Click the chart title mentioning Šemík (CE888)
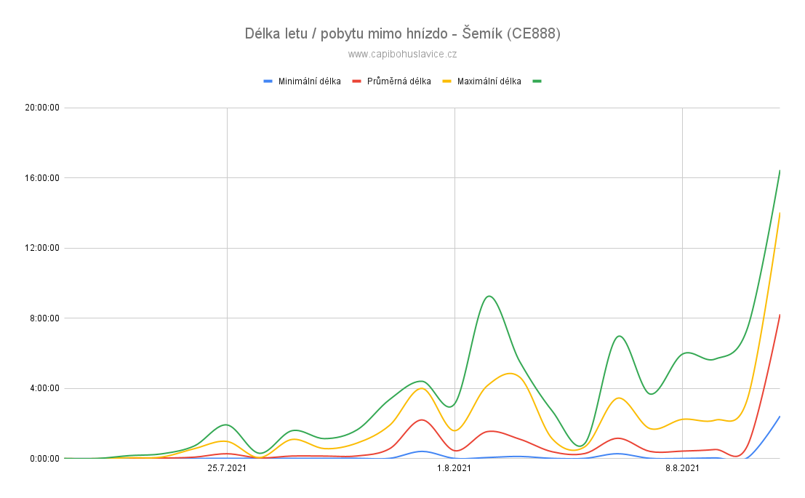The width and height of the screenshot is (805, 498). pyautogui.click(x=403, y=34)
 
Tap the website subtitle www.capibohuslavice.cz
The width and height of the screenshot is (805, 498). pyautogui.click(x=403, y=54)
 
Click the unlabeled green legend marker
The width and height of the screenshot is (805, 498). pyautogui.click(x=537, y=81)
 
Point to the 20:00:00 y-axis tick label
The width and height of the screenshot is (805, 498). pyautogui.click(x=42, y=108)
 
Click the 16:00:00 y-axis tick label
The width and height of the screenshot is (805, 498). pyautogui.click(x=42, y=178)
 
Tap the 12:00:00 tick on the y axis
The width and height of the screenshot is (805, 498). pyautogui.click(x=42, y=248)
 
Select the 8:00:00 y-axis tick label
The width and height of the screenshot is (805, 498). pyautogui.click(x=44, y=318)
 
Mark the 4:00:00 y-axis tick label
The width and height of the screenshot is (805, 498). pyautogui.click(x=44, y=388)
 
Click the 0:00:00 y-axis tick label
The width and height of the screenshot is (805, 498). pyautogui.click(x=44, y=459)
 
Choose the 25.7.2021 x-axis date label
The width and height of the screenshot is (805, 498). pyautogui.click(x=227, y=468)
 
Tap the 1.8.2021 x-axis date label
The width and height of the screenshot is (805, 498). pyautogui.click(x=454, y=468)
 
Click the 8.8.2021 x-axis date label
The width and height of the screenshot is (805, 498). pyautogui.click(x=682, y=468)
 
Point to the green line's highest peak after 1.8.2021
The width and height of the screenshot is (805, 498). pyautogui.click(x=489, y=296)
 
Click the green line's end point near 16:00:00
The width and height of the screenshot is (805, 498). pyautogui.click(x=780, y=170)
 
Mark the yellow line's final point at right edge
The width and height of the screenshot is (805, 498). pyautogui.click(x=780, y=212)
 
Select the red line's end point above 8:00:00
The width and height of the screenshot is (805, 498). pyautogui.click(x=780, y=315)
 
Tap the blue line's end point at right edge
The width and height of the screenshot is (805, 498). pyautogui.click(x=780, y=417)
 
